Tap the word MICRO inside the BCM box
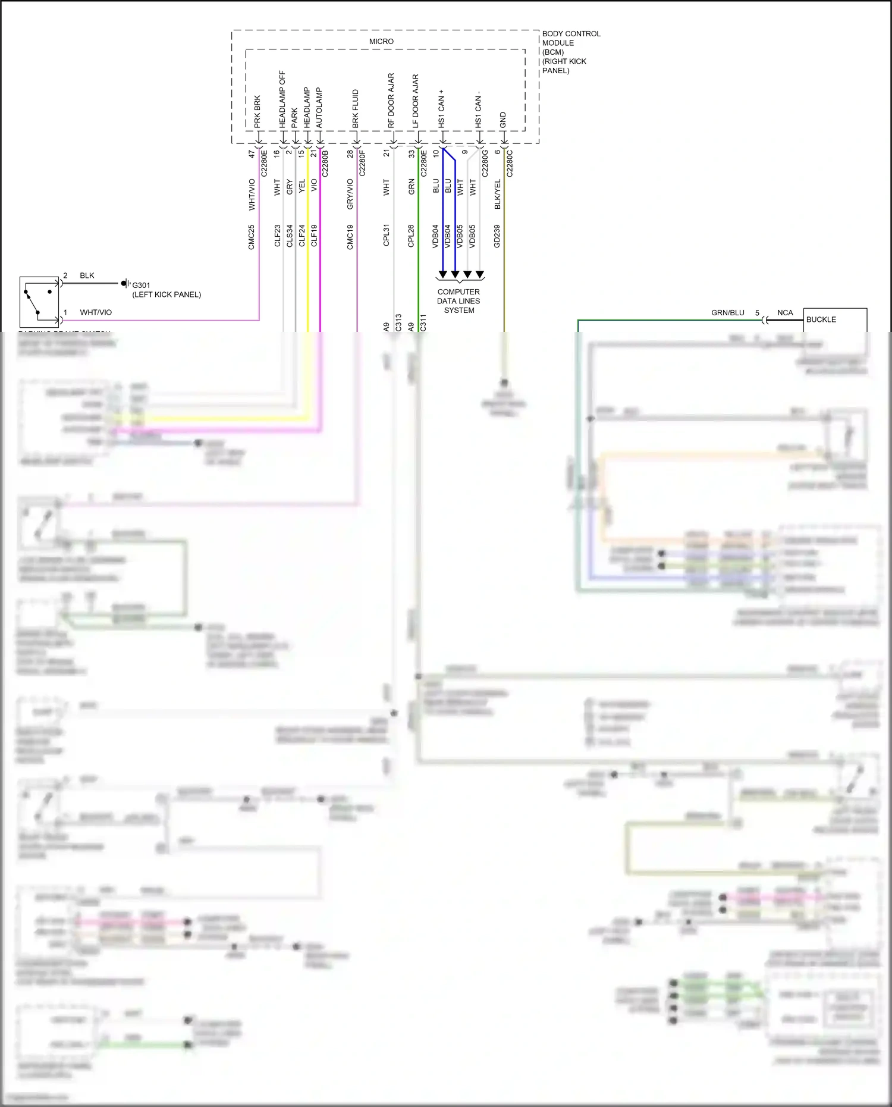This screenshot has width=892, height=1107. pyautogui.click(x=381, y=42)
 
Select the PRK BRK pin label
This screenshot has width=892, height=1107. pyautogui.click(x=257, y=111)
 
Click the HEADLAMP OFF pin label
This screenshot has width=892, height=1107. pyautogui.click(x=282, y=99)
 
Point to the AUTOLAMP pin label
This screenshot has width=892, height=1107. pyautogui.click(x=319, y=108)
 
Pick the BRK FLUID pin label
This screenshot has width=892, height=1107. pyautogui.click(x=356, y=108)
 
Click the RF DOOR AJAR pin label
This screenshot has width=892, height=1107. pyautogui.click(x=391, y=100)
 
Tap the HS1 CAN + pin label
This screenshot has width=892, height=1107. pyautogui.click(x=441, y=108)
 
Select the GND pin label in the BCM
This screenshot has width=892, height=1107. pyautogui.click(x=503, y=120)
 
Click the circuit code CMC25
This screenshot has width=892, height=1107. pyautogui.click(x=252, y=236)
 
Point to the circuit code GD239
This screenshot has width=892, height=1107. pyautogui.click(x=497, y=236)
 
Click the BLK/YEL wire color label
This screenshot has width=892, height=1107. pyautogui.click(x=498, y=194)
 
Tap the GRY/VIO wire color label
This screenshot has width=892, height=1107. pyautogui.click(x=350, y=194)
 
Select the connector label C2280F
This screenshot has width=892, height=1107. pyautogui.click(x=363, y=163)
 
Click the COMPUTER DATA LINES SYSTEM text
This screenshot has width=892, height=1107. pyautogui.click(x=458, y=301)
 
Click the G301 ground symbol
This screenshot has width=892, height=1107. pyautogui.click(x=125, y=284)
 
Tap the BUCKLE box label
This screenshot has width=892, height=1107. pyautogui.click(x=821, y=319)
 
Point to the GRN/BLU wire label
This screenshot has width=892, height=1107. pyautogui.click(x=727, y=312)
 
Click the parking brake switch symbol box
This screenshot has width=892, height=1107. pyautogui.click(x=39, y=302)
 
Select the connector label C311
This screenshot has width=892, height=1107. pyautogui.click(x=423, y=322)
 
